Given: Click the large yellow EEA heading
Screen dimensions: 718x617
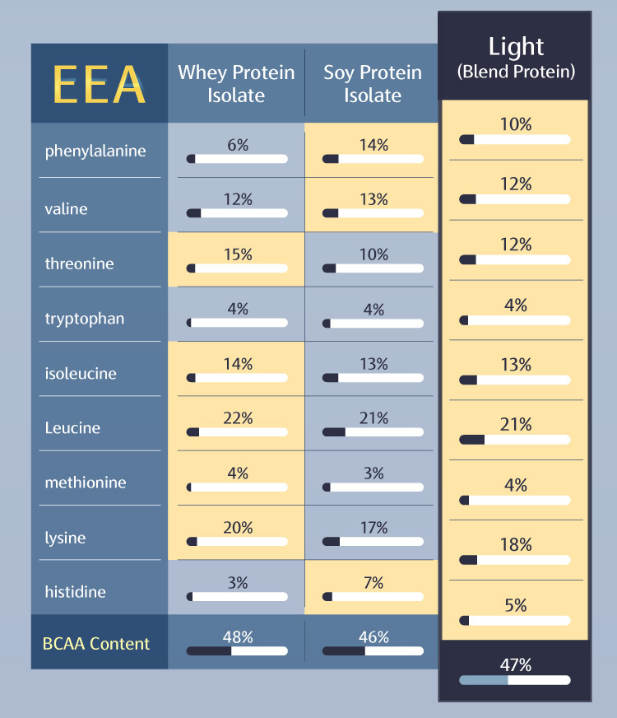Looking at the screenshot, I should pos(99,83).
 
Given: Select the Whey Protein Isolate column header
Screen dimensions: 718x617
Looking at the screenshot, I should pos(236,83).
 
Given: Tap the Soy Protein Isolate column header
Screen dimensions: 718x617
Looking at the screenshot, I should pos(373,83).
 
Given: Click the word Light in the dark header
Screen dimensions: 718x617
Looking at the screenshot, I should pos(516,46).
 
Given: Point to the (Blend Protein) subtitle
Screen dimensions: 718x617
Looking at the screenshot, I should pos(516,72).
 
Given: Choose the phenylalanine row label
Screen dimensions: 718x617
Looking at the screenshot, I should pos(95,151).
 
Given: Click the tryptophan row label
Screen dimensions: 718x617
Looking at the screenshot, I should pos(85,319).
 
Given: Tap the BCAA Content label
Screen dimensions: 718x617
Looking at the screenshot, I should pos(97,644).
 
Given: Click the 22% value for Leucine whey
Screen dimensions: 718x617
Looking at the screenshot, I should pos(238,418).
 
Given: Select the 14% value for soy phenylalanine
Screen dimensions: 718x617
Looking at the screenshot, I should pos(373,145).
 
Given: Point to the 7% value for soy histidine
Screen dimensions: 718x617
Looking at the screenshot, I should pos(373,583).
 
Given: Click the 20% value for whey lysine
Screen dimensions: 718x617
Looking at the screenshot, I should pos(238,528).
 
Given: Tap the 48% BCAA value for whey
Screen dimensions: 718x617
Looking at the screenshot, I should pos(238,636).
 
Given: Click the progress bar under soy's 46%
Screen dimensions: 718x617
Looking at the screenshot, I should pos(373,650).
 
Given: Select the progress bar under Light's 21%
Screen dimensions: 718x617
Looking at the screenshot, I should pos(515,440).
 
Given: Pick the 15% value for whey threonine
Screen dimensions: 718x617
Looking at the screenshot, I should pos(238,254).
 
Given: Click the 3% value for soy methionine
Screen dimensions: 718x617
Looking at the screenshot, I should pos(373,473).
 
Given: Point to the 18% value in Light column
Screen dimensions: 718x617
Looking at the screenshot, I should pos(516,545).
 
